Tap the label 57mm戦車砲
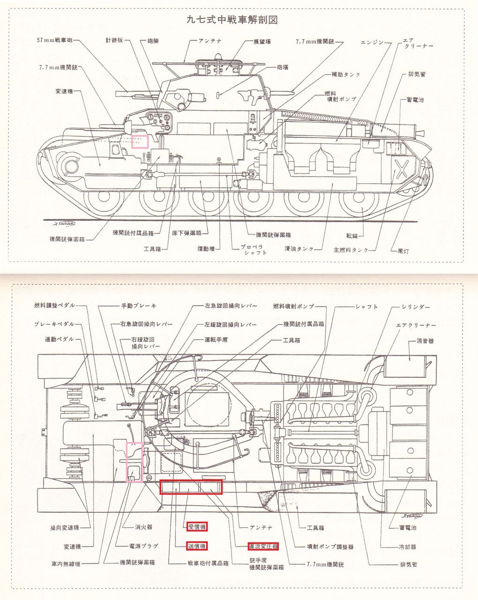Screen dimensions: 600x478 (55, 40)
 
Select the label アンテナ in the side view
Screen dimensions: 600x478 (209, 41)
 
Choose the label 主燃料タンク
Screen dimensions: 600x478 (351, 250)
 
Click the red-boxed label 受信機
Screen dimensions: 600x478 (197, 527)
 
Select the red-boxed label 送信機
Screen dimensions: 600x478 (197, 546)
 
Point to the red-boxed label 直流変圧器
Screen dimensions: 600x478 (263, 546)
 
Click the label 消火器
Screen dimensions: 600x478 (143, 527)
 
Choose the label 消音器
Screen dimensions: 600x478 (425, 341)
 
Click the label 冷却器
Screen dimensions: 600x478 (407, 547)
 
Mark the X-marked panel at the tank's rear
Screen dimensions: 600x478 (402, 169)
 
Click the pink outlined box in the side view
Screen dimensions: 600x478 (140, 141)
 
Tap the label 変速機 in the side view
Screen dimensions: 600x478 (64, 91)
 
